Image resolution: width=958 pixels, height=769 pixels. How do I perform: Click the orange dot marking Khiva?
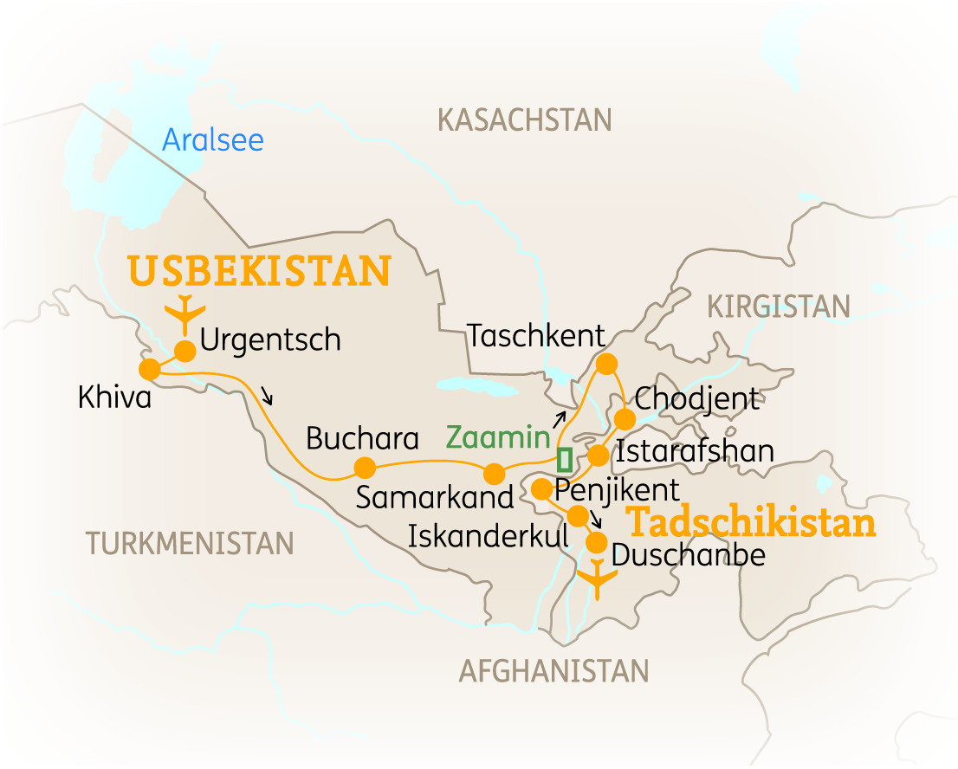click(x=149, y=369)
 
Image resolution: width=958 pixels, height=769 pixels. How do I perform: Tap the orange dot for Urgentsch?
click(x=185, y=350)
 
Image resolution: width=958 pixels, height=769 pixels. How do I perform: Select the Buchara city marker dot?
click(x=365, y=469)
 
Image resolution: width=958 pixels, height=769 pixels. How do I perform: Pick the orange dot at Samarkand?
click(x=494, y=474)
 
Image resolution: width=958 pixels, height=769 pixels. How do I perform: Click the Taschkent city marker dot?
click(x=606, y=362)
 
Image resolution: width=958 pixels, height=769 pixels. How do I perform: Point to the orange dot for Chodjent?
click(x=624, y=419)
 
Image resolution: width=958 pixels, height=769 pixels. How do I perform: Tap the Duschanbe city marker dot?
click(x=597, y=543)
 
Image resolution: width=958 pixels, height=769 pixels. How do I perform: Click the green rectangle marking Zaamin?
click(x=565, y=459)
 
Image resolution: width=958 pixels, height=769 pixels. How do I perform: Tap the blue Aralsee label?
click(x=213, y=139)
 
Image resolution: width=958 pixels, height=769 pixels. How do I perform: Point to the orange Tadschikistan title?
click(x=751, y=523)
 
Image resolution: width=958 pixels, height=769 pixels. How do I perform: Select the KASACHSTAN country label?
click(x=525, y=120)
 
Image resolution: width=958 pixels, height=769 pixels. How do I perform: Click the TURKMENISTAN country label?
click(x=190, y=543)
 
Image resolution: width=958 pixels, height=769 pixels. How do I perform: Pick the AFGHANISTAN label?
click(x=553, y=670)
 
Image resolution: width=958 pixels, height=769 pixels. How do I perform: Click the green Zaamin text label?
click(x=498, y=437)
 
